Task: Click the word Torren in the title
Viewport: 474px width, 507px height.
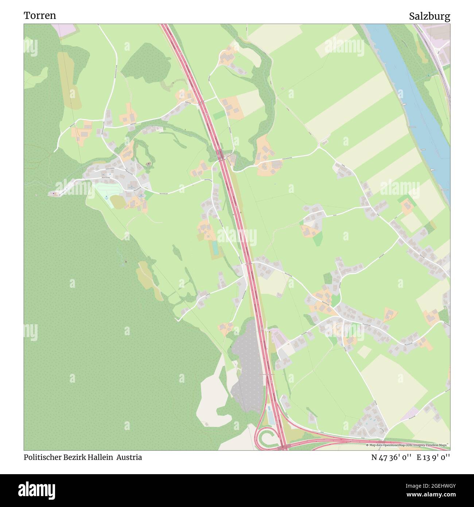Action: tap(40, 16)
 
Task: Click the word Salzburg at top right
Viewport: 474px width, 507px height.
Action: tap(429, 16)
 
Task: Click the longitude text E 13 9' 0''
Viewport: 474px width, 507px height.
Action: tap(434, 457)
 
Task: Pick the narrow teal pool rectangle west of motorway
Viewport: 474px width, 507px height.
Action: tap(215, 248)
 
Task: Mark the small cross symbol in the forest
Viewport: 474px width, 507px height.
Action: tap(126, 262)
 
